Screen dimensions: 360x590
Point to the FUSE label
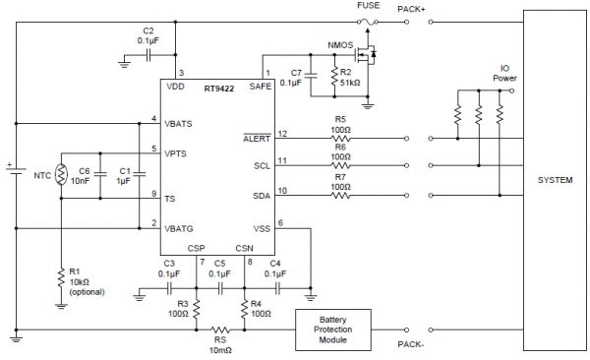click(x=368, y=7)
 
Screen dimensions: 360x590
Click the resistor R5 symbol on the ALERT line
click(x=339, y=140)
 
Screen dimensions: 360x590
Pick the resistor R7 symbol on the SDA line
click(x=339, y=196)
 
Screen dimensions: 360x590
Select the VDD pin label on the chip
click(x=176, y=87)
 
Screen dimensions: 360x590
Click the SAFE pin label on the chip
click(x=261, y=87)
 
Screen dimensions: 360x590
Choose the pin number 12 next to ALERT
click(x=281, y=133)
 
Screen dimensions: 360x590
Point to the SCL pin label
click(x=262, y=168)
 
